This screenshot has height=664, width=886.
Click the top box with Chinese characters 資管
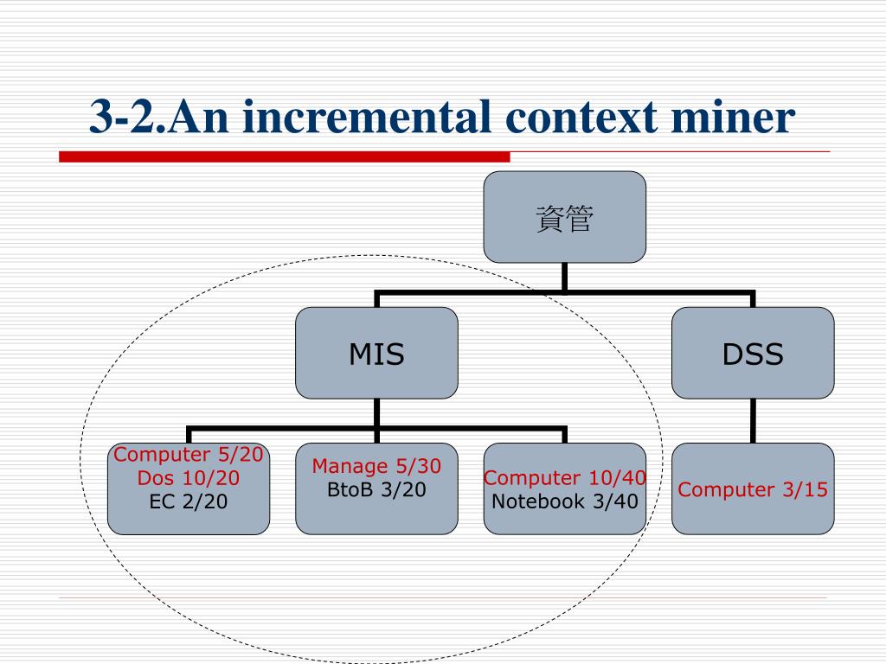click(x=564, y=217)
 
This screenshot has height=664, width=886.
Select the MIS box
click(x=376, y=353)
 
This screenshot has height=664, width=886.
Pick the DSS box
click(x=753, y=353)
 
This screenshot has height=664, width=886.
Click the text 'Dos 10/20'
click(x=189, y=478)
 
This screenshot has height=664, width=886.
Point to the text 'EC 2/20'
click(x=189, y=501)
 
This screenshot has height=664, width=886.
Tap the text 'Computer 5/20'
click(x=189, y=455)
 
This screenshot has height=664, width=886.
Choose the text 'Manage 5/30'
click(x=376, y=467)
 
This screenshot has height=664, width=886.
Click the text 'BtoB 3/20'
click(x=376, y=489)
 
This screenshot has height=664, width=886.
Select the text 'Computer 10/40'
click(x=564, y=478)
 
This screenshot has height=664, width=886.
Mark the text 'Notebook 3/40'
click(x=564, y=501)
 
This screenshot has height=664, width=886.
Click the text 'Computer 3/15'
click(x=753, y=489)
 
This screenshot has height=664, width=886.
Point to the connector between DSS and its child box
click(x=753, y=421)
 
